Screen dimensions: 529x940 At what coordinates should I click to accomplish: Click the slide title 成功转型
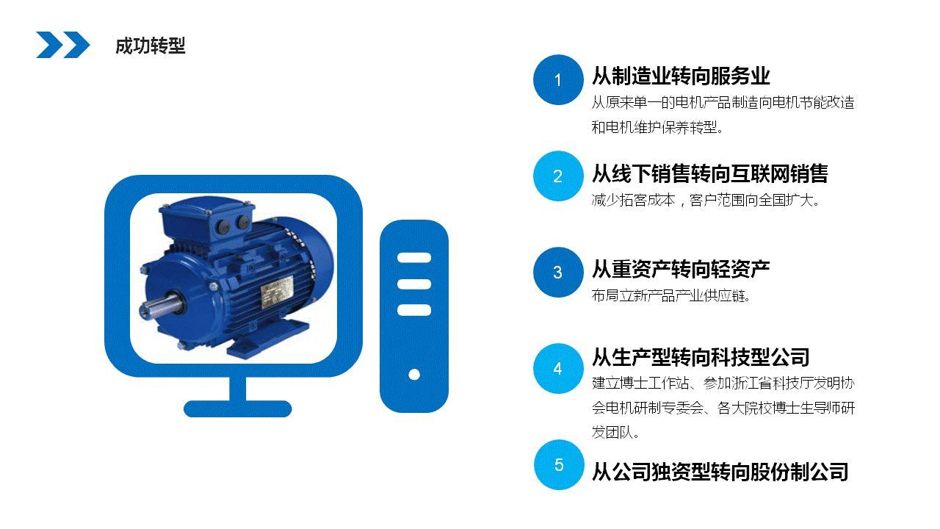point(150,46)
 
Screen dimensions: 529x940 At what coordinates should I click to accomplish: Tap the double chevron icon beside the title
point(63,45)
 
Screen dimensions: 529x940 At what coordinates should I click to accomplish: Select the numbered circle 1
point(558,80)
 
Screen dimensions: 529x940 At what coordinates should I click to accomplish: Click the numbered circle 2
point(558,176)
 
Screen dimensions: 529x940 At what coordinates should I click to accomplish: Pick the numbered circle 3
point(558,273)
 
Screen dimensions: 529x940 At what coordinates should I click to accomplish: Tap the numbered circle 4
point(558,369)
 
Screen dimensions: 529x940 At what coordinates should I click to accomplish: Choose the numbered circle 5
point(558,464)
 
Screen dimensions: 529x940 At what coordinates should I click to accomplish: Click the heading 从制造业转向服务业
point(681,76)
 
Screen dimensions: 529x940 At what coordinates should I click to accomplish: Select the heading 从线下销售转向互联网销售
point(710,173)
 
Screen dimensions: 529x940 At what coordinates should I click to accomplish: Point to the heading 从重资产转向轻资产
point(681,269)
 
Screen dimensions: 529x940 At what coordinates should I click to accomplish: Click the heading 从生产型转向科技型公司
point(701,357)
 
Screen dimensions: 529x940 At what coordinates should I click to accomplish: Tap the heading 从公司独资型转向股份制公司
point(720,471)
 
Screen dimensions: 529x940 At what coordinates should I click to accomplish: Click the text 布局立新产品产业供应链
point(671,295)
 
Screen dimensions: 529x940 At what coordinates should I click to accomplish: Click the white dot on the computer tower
point(414,375)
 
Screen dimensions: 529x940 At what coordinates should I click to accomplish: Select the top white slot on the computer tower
point(414,258)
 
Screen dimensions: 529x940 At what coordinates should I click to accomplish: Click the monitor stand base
point(237,409)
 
